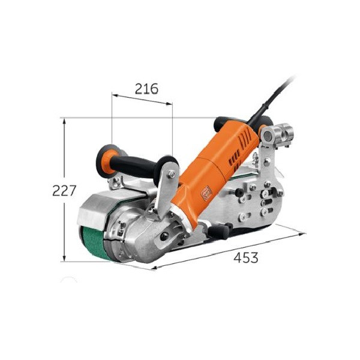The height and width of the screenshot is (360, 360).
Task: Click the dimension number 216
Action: coord(146,89)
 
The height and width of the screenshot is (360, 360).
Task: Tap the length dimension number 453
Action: coord(246,258)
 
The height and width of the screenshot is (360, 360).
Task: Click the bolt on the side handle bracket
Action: coord(172,175)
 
